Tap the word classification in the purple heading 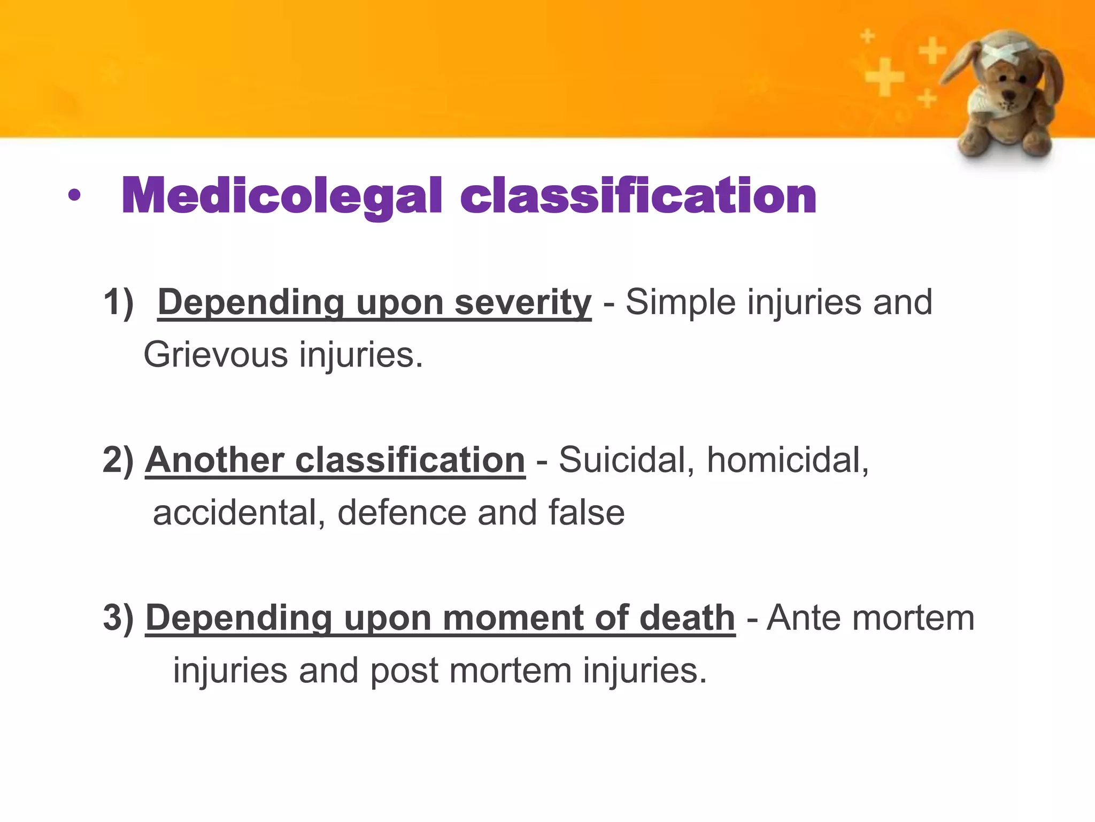click(638, 196)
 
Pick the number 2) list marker click(118, 460)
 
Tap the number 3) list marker click(118, 618)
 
